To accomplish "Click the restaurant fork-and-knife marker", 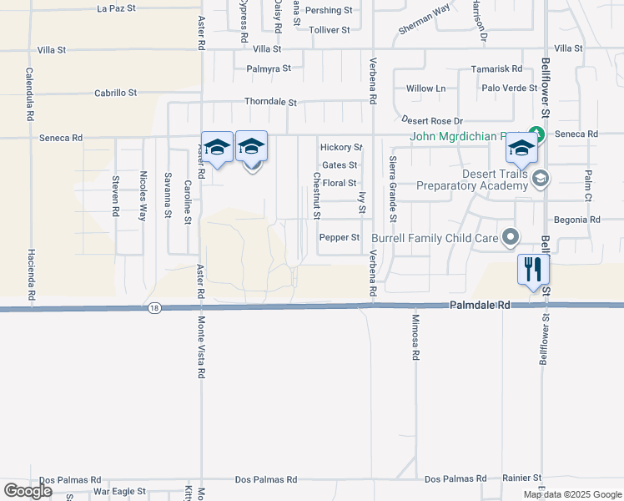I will click(533, 270).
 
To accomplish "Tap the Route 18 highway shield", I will click(154, 308).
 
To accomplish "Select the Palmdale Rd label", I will click(480, 306).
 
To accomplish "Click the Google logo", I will click(28, 491).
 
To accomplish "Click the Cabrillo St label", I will click(115, 93).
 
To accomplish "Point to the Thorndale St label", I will click(270, 102).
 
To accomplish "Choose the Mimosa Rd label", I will click(415, 337).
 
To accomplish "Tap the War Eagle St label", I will click(119, 491).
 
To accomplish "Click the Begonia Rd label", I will click(577, 220).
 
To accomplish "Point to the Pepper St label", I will click(339, 238).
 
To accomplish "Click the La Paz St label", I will click(115, 9).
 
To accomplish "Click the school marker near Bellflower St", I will click(521, 148).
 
